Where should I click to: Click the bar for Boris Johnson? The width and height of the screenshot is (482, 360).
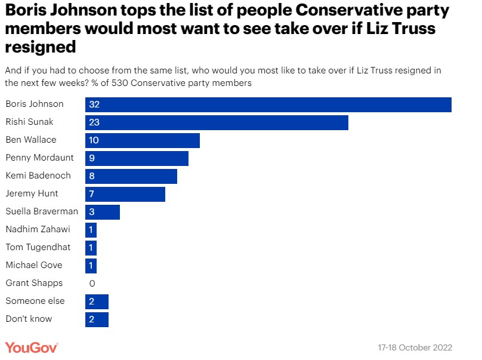268,104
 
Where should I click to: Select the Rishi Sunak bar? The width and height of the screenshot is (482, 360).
217,122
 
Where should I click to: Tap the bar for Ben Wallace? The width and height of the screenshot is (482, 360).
143,140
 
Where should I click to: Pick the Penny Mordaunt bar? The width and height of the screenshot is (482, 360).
137,158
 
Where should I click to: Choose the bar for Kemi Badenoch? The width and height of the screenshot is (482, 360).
131,176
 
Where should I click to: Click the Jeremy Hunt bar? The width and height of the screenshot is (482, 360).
125,194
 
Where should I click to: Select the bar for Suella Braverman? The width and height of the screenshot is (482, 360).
103,212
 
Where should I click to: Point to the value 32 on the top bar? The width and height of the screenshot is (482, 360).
94,104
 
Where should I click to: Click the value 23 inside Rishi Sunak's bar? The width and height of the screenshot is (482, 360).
94,122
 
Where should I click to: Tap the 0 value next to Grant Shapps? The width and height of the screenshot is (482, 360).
92,284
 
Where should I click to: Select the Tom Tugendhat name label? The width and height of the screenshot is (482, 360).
38,247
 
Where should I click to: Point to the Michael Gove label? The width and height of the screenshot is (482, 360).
34,265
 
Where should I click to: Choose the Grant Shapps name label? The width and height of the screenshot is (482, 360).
34,283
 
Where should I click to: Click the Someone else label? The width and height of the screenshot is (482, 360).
35,301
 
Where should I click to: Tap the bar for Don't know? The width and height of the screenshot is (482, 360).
97,319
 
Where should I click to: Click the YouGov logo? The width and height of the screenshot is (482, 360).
32,347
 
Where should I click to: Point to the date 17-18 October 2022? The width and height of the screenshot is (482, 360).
415,347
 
